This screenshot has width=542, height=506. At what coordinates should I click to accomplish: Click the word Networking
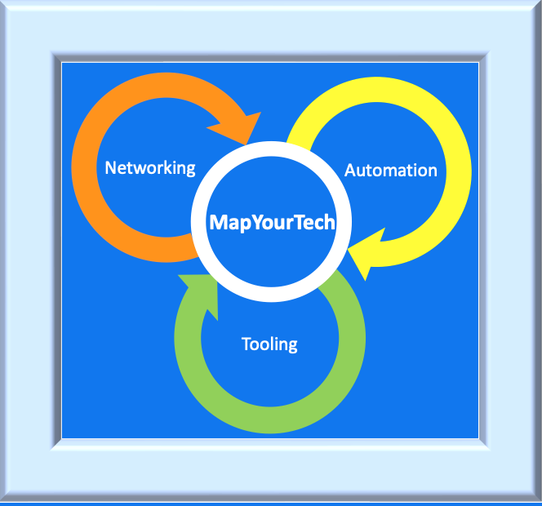[150, 168]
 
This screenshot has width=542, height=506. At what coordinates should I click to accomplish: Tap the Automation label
[391, 171]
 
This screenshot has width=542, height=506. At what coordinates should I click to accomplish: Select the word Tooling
[269, 344]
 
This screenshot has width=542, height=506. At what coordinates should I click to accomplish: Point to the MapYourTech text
[272, 222]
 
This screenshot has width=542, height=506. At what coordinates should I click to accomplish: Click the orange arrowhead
[238, 129]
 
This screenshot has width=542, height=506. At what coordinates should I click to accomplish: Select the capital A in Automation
[350, 171]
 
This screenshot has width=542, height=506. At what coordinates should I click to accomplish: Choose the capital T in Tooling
[247, 344]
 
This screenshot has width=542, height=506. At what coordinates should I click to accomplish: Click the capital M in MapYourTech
[218, 222]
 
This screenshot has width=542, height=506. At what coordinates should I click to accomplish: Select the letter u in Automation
[361, 171]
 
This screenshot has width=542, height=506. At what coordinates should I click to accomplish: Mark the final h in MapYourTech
[330, 222]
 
